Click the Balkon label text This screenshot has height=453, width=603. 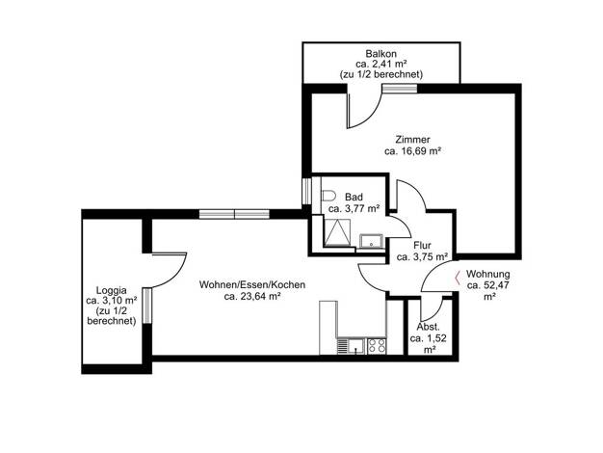coord(380,54)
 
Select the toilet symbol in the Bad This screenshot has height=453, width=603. coord(328,196)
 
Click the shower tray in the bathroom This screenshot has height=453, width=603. coord(338,233)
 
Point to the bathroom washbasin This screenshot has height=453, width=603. coord(371,241)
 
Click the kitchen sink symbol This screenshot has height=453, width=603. coord(352,346)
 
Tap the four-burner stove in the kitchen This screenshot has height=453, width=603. coord(377,346)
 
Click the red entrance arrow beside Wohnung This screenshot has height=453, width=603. coord(458,278)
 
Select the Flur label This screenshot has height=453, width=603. coord(422,245)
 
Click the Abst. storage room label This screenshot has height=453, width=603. coord(428,328)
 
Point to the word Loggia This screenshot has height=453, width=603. coord(111,290)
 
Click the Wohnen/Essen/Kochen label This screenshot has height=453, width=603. coord(252,284)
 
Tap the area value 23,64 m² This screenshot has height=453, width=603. coord(252,296)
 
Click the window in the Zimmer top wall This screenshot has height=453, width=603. coord(399,89)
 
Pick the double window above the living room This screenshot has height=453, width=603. coord(234,214)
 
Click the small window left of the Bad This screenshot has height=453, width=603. coord(306,191)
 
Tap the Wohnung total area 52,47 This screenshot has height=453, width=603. coord(488,285)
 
